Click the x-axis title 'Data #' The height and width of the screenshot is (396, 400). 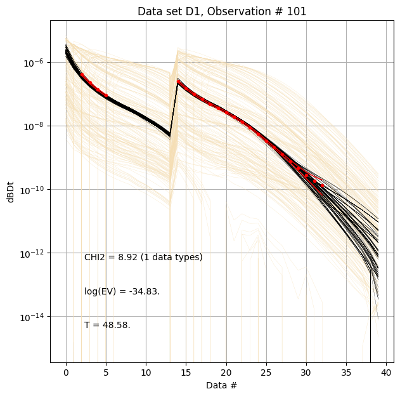point(221,385)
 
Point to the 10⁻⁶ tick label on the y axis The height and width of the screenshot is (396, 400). point(33,63)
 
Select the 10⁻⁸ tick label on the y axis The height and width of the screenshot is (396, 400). point(33,126)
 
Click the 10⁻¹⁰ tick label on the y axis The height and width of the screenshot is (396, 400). point(32,190)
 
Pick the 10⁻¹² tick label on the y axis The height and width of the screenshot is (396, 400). point(32,253)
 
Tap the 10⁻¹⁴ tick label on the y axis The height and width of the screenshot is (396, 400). point(32,317)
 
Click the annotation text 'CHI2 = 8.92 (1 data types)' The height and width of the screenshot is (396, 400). point(143,258)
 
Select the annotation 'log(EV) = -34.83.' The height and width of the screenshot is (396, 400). point(122,292)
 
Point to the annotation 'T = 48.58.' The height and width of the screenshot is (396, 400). point(107,326)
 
